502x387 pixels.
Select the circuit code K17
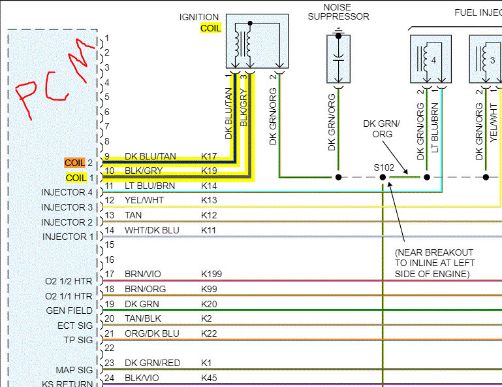pyautogui.click(x=209, y=156)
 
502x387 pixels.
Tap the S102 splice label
pyautogui.click(x=384, y=167)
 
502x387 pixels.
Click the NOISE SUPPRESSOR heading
pyautogui.click(x=338, y=11)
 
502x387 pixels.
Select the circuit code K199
pyautogui.click(x=212, y=274)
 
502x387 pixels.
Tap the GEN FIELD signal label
pyautogui.click(x=69, y=311)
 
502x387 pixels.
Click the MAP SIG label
pyautogui.click(x=75, y=369)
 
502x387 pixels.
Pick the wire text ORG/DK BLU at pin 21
pyautogui.click(x=151, y=333)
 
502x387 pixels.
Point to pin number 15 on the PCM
pyautogui.click(x=109, y=244)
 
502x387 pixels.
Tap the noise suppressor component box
pyautogui.click(x=338, y=59)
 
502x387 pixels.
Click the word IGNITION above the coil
pyautogui.click(x=199, y=17)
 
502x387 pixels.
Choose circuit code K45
pyautogui.click(x=209, y=378)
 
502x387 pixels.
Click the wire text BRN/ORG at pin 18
pyautogui.click(x=144, y=289)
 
